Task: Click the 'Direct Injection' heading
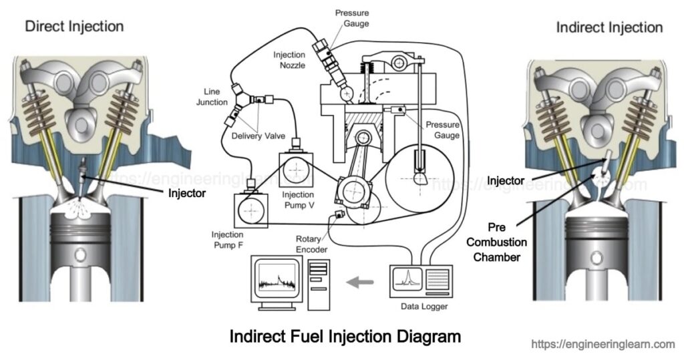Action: click(x=74, y=27)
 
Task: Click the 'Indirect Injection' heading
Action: click(x=609, y=27)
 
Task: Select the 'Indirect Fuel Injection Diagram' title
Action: click(x=345, y=336)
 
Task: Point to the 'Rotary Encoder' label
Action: click(x=312, y=244)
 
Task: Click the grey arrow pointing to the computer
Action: click(x=361, y=283)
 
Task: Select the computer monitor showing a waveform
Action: click(x=276, y=279)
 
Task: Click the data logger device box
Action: click(x=420, y=281)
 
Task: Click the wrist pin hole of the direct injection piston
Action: click(x=81, y=255)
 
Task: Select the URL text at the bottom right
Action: click(x=603, y=345)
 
